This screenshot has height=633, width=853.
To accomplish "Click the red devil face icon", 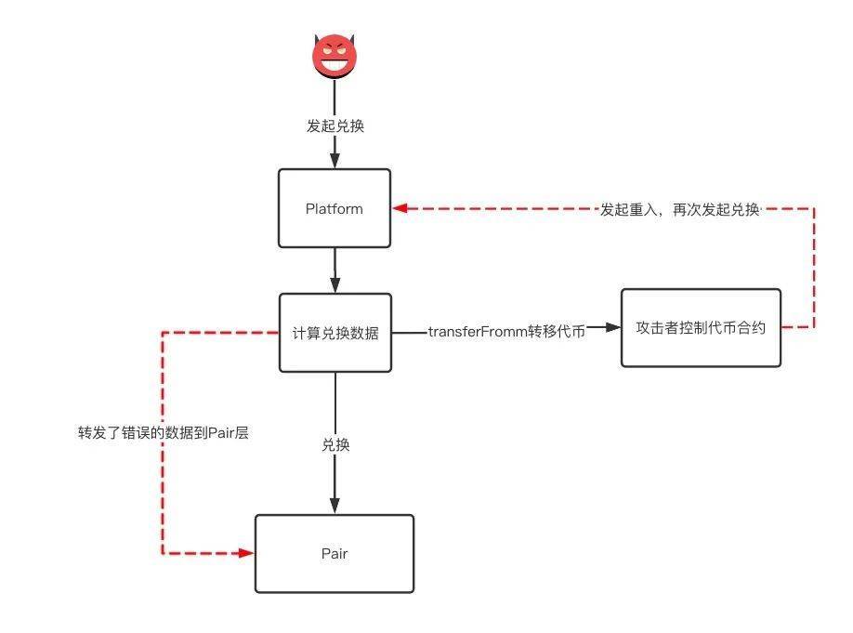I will pos(335,56).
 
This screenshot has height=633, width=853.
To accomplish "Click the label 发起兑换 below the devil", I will pos(335,126).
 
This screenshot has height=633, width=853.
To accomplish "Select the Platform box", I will pos(335,208).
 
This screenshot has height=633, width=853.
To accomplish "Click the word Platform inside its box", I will pos(335,209).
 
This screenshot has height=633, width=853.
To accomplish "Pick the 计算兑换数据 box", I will pos(335,334).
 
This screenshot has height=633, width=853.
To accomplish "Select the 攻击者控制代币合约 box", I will pos(701,327).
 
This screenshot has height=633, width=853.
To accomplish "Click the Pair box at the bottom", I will pos(335,554).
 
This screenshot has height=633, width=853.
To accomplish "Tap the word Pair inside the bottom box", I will pos(335,554).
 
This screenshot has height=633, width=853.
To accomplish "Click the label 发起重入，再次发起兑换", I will pos(680,210).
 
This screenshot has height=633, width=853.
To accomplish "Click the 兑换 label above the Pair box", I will pos(335,445).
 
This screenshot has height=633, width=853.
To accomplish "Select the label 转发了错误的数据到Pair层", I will pos(164,433).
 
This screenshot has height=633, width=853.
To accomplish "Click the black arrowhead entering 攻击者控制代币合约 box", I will pos(612,327).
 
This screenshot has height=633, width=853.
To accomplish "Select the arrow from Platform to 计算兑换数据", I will pos(335,270).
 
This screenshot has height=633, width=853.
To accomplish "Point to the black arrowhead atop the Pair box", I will pos(335,507).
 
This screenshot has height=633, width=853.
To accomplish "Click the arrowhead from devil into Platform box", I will pos(335,162).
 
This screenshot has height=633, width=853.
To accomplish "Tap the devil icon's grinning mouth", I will pos(335,65).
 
